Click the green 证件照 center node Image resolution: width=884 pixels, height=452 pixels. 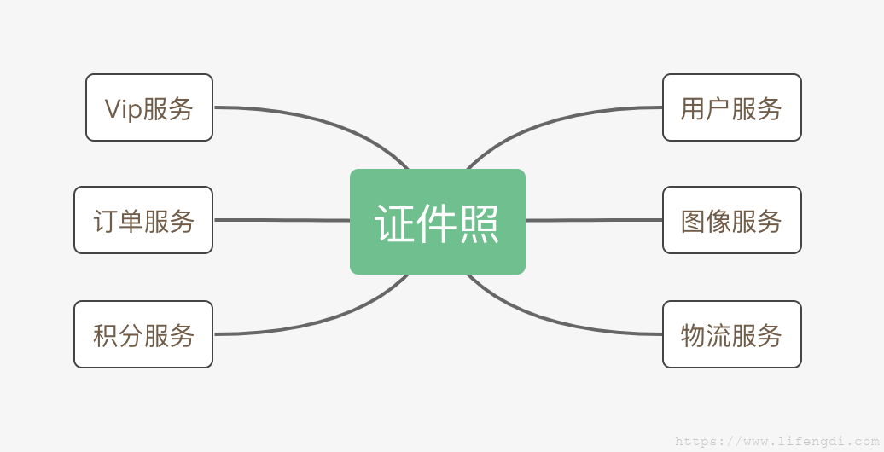pyautogui.click(x=438, y=222)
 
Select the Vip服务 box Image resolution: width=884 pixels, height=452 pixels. pyautogui.click(x=149, y=107)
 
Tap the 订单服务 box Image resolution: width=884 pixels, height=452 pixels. pyautogui.click(x=143, y=220)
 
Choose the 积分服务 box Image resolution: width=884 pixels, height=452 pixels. pyautogui.click(x=143, y=334)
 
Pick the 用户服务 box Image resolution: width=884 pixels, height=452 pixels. pyautogui.click(x=732, y=107)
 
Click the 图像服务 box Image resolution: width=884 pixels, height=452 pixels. pyautogui.click(x=732, y=220)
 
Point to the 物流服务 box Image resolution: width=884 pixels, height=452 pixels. pyautogui.click(x=732, y=334)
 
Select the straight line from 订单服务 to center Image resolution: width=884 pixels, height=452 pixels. pyautogui.click(x=282, y=220)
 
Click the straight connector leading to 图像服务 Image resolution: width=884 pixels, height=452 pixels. pyautogui.click(x=594, y=220)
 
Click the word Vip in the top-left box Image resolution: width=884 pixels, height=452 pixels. pyautogui.click(x=123, y=109)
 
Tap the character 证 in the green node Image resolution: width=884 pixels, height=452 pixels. pyautogui.click(x=394, y=223)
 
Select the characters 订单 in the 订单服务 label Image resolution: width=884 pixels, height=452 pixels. pyautogui.click(x=118, y=221)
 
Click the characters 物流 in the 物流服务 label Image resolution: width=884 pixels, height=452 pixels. pyautogui.click(x=706, y=335)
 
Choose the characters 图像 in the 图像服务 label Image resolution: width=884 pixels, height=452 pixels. pyautogui.click(x=706, y=221)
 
